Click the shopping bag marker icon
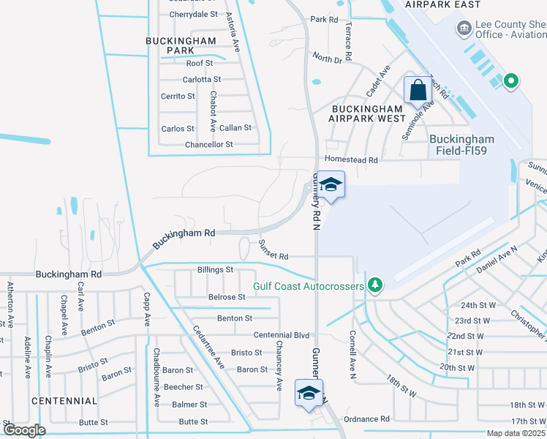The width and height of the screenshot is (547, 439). pos(418,91)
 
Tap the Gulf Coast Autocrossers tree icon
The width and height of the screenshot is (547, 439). pos(375,284)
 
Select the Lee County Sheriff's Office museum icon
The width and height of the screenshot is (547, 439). pos(464,29)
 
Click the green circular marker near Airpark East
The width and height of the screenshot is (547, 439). pos(511,81)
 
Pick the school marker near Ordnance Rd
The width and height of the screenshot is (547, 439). pos(309,393)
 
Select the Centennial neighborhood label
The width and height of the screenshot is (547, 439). pos(64,401)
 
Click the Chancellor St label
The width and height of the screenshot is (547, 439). pos(208,145)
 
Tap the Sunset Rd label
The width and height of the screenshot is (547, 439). pos(274,257)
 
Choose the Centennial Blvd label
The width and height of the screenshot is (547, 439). pos(282,334)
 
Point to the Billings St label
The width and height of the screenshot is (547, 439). pos(215,270)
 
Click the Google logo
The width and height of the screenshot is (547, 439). pos(25,430)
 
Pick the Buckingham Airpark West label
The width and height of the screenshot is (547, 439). pos(367,113)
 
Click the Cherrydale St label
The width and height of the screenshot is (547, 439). pos(194,14)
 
